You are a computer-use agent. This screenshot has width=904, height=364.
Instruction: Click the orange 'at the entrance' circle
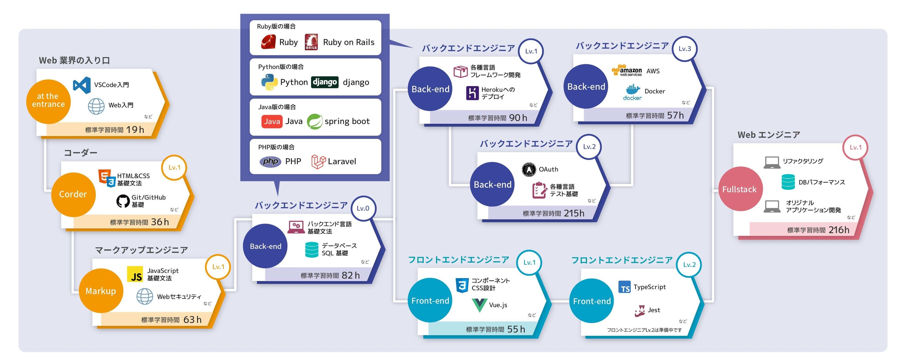click(48, 101)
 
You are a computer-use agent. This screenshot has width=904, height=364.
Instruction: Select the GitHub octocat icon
click(123, 201)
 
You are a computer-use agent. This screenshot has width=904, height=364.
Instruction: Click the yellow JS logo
click(135, 274)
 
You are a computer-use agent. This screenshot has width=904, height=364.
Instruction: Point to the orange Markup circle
click(101, 291)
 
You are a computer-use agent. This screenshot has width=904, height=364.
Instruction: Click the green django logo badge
click(325, 82)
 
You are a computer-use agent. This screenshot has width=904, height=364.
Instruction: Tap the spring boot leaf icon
click(315, 122)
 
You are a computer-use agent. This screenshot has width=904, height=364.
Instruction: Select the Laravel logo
click(318, 162)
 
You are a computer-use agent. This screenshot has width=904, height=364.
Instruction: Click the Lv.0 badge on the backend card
click(363, 208)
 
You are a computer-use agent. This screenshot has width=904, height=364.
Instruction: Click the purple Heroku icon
click(472, 93)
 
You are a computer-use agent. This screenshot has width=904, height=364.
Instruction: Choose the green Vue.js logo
click(479, 305)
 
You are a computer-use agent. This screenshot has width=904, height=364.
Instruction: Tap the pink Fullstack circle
click(740, 189)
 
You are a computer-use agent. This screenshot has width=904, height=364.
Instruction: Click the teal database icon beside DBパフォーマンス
click(788, 182)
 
